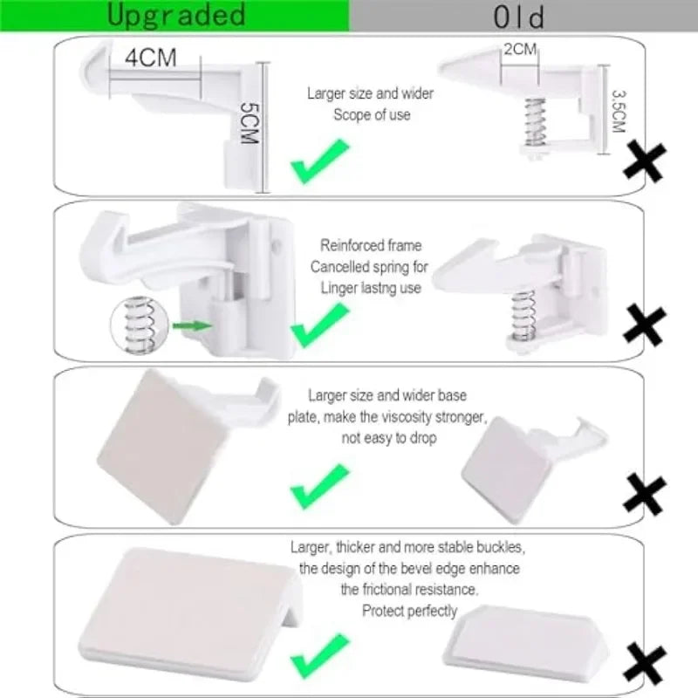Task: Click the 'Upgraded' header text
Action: coord(175,15)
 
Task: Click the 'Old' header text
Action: coord(518,17)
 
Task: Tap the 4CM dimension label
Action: coord(151,58)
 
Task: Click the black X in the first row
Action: coord(645,162)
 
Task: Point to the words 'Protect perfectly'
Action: coord(409,611)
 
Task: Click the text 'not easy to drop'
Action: coord(389,438)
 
